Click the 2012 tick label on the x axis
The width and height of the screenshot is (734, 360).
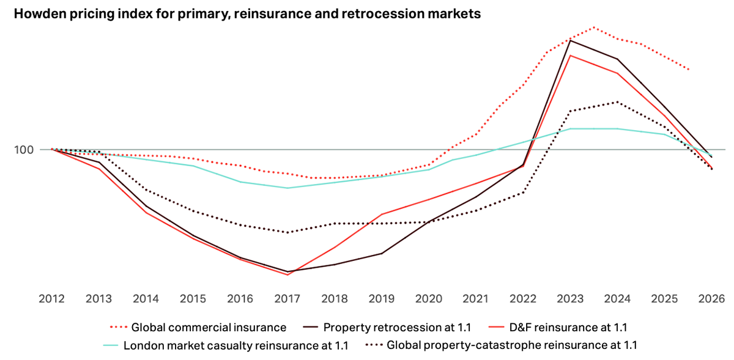coord(51,299)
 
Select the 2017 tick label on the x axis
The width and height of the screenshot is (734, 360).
coord(287,299)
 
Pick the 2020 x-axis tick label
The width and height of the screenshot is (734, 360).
coord(428,299)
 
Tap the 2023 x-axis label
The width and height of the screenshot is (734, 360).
coord(569,299)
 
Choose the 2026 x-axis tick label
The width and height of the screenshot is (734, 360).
coord(711,299)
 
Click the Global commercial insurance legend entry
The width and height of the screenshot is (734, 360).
coord(209,328)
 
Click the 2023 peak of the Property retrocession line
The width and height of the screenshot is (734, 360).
coord(570,40)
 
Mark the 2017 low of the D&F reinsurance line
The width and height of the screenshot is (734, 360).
coord(287,274)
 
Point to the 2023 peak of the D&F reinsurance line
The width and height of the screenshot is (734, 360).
coord(570,56)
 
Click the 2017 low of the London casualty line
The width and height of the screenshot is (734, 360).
coord(287,188)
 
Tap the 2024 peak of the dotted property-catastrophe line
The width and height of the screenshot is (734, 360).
coord(617,102)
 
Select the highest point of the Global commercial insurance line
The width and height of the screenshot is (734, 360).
coord(593,28)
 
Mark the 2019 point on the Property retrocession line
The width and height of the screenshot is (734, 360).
coord(381,253)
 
